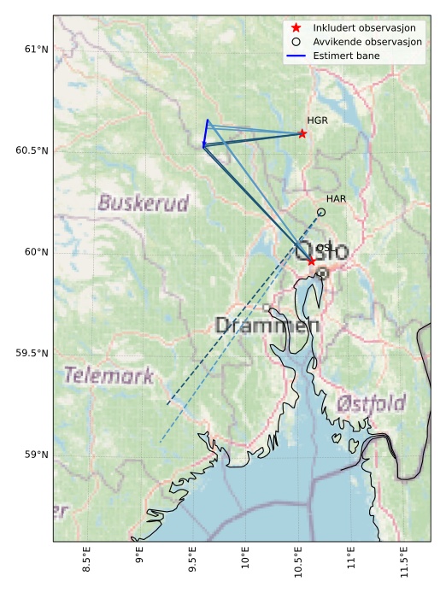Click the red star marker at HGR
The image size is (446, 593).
[302, 133]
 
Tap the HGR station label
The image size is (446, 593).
[317, 120]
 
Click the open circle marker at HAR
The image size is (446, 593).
[321, 212]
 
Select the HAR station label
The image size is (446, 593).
[336, 199]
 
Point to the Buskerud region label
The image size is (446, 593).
[143, 203]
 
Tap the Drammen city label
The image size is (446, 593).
[267, 326]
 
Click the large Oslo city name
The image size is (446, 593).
[322, 252]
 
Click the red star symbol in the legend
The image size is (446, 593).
[296, 27]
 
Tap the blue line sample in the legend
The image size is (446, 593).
[296, 56]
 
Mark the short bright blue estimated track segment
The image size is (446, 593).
[205, 133]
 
